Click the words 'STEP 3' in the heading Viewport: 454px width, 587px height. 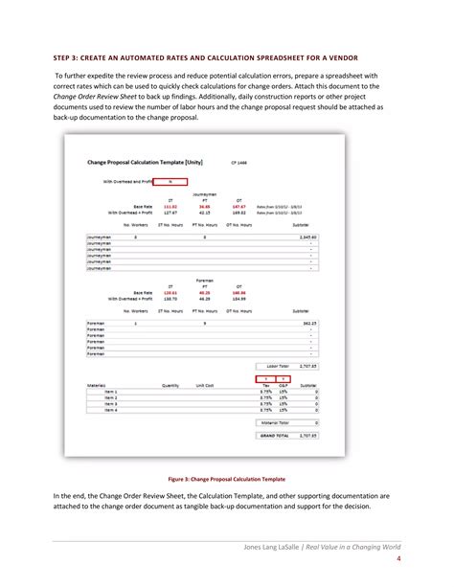[68, 56]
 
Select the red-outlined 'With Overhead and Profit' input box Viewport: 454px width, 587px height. [170, 181]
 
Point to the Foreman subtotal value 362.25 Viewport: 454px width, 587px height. [306, 324]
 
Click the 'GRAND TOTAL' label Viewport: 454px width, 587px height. [273, 435]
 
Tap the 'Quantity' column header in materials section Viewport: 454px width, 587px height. [170, 386]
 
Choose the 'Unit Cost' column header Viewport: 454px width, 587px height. [205, 386]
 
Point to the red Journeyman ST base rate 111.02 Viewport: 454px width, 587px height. [170, 206]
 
